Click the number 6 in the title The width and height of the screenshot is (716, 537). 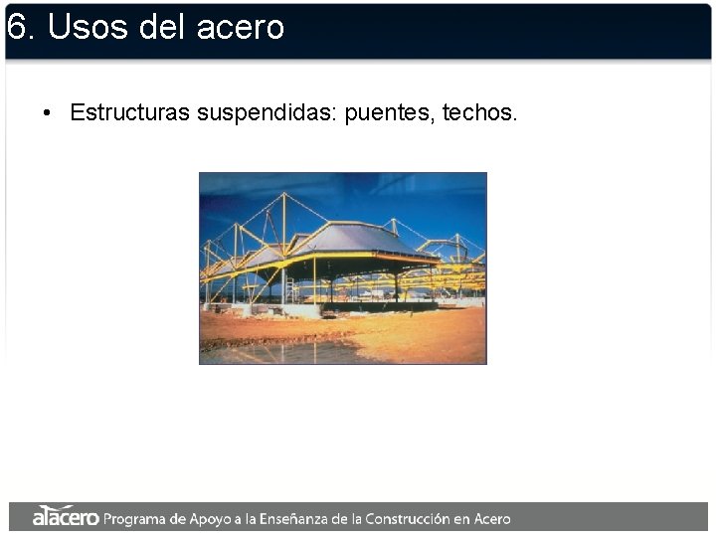coord(15,27)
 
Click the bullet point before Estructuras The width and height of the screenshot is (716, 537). coord(47,113)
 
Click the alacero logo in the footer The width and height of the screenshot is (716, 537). coord(65,517)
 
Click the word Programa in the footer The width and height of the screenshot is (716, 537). coord(136,518)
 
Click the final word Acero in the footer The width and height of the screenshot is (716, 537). coord(491,518)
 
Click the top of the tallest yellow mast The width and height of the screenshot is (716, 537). coord(284,195)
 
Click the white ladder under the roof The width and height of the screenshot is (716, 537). coord(289,287)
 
